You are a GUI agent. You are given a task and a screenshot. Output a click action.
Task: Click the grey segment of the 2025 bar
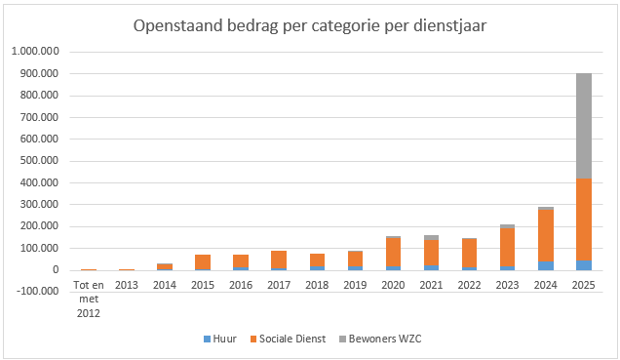584,126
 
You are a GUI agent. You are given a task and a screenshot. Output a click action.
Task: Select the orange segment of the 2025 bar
584,220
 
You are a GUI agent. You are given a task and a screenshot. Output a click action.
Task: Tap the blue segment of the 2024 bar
546,265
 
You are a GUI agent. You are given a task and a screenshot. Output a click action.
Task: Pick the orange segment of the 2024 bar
546,235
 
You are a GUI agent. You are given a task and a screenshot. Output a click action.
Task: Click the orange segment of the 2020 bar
394,253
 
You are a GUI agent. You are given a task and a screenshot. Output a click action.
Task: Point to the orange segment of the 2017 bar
279,260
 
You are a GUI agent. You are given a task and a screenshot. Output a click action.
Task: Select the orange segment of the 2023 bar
508,247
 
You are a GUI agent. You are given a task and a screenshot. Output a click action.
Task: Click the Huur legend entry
220,340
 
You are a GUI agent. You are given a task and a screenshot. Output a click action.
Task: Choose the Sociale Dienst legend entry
288,340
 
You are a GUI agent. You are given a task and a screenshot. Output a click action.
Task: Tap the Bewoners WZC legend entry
380,340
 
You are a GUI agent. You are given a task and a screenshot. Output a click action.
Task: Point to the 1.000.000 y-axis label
36,52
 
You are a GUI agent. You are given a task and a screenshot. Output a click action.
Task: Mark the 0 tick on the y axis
56,270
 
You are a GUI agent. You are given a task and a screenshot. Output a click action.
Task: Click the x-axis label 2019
355,285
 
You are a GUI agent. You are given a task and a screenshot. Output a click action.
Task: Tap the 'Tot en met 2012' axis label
89,300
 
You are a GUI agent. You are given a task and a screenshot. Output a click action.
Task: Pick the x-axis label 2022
469,285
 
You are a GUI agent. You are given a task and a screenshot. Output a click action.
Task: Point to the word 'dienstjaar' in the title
450,26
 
